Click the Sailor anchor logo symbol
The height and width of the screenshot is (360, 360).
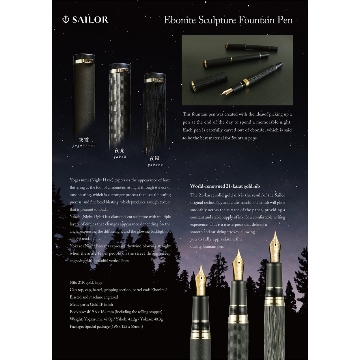[66, 19]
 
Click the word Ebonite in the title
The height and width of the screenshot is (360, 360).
[180, 20]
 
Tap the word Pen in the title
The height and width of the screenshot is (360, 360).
[285, 20]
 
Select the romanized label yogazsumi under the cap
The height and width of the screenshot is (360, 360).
[84, 145]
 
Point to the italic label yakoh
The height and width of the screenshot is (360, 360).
[120, 157]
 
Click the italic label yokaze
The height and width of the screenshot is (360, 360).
[155, 165]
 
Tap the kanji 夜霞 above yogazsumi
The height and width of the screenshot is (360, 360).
[84, 139]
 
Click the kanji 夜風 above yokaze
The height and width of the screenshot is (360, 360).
[154, 158]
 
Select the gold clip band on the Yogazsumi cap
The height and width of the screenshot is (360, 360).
[84, 61]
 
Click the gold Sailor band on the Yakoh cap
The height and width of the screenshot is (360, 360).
[120, 70]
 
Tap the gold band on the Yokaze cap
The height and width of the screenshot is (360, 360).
[155, 80]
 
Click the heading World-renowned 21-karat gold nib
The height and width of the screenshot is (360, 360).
[225, 186]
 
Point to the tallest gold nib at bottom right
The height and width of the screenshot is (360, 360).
[275, 247]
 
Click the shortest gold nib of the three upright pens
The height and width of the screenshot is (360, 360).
[201, 280]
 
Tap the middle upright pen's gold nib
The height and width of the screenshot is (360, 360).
[238, 265]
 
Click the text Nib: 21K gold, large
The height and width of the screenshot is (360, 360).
[86, 282]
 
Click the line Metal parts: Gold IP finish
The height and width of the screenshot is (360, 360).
[91, 304]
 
